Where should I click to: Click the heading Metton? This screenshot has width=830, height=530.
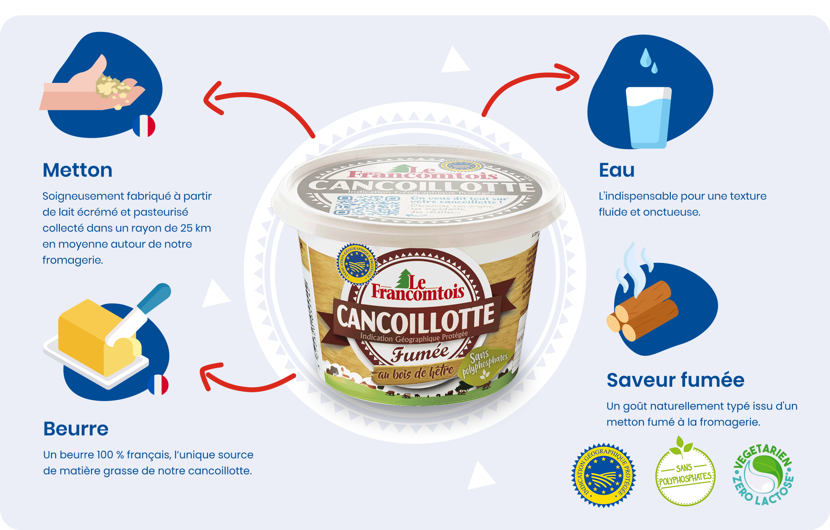[x=78, y=170]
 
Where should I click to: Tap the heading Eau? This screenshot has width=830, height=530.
[x=616, y=170]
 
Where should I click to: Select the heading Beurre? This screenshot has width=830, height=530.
[x=76, y=429]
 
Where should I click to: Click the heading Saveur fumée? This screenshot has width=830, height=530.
[x=675, y=380]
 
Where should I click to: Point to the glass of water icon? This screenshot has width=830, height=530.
[x=648, y=116]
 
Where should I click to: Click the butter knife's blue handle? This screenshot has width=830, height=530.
[x=155, y=297]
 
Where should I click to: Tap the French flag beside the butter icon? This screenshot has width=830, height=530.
[x=158, y=385]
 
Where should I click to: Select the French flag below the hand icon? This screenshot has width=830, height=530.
[x=144, y=126]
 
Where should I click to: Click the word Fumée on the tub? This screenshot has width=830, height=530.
[x=420, y=353]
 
